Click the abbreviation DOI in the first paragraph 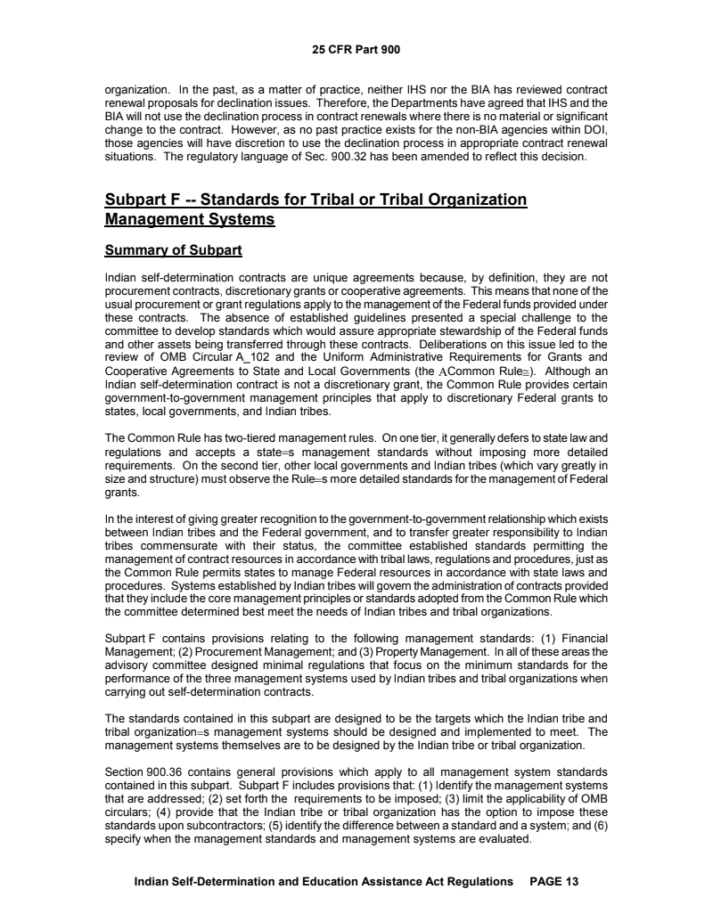(594, 126)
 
